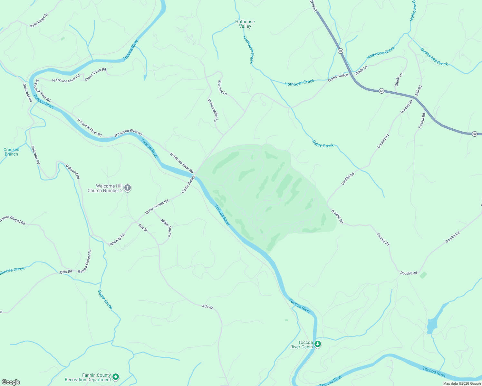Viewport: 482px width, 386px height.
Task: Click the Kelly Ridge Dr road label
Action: pyautogui.click(x=39, y=20)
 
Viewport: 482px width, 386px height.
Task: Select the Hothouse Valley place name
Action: pyautogui.click(x=245, y=24)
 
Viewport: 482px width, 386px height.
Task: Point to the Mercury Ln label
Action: pyautogui.click(x=222, y=88)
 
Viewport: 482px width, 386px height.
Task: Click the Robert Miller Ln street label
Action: pyautogui.click(x=213, y=111)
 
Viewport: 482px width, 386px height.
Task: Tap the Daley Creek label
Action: pyautogui.click(x=323, y=144)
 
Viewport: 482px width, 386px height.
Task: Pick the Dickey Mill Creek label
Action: pyautogui.click(x=434, y=57)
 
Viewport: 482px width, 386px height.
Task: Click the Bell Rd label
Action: pyautogui.click(x=418, y=90)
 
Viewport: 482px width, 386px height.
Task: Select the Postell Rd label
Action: pyautogui.click(x=422, y=121)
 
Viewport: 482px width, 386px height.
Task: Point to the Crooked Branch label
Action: pyautogui.click(x=11, y=152)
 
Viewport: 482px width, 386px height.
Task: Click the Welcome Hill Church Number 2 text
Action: pyautogui.click(x=105, y=188)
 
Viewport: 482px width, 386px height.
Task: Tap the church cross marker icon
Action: pyautogui.click(x=128, y=188)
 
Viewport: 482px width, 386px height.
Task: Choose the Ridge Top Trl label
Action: pyautogui.click(x=166, y=228)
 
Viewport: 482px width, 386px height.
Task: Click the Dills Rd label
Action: pyautogui.click(x=66, y=272)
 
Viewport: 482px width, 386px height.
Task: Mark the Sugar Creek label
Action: pyautogui.click(x=105, y=299)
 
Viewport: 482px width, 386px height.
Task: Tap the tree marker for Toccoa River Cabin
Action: pyautogui.click(x=318, y=344)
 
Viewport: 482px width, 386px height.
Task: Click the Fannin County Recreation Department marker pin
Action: pyautogui.click(x=116, y=377)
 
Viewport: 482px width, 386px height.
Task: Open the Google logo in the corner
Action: pyautogui.click(x=11, y=382)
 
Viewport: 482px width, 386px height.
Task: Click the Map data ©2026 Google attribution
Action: pyautogui.click(x=462, y=383)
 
